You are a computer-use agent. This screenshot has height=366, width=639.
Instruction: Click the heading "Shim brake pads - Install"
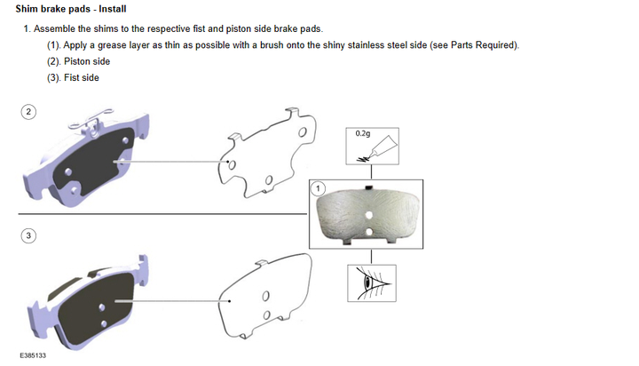click(71, 9)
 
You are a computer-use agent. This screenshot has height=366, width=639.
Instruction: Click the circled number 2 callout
click(28, 112)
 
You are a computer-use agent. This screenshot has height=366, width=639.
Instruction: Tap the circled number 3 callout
click(28, 235)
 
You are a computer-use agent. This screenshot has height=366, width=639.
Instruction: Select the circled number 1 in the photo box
click(318, 188)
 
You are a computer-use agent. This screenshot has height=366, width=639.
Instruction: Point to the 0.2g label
click(363, 133)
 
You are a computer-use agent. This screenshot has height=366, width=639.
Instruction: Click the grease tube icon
click(377, 149)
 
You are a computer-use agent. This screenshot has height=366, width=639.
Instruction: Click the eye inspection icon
click(372, 283)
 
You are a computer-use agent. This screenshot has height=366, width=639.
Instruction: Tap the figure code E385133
click(33, 355)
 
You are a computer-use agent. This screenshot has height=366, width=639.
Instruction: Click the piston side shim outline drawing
click(267, 154)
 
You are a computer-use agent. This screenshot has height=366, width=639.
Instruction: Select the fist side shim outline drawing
click(264, 297)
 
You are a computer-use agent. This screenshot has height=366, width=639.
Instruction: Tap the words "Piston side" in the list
click(87, 61)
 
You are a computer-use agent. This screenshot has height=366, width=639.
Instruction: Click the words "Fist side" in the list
click(82, 77)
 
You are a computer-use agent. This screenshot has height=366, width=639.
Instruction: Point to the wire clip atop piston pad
click(91, 120)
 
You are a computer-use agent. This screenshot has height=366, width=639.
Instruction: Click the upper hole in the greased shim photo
click(369, 215)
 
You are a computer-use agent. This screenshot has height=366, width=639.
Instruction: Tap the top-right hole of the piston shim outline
click(303, 132)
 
